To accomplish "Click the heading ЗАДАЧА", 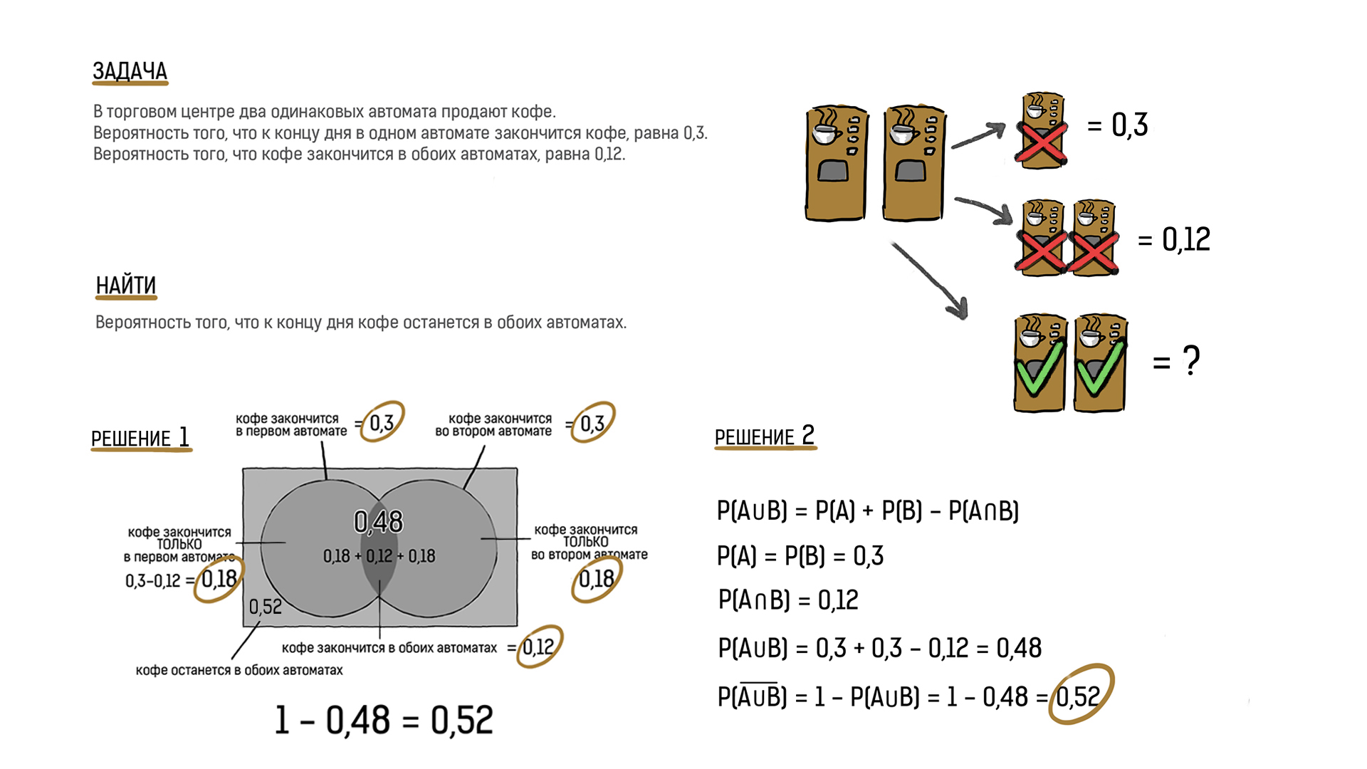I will [x=130, y=71].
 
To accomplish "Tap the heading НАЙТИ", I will [x=126, y=286].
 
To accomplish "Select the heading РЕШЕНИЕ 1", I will [x=140, y=437].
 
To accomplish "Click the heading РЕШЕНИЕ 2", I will [x=765, y=436].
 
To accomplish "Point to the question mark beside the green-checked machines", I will [x=1191, y=360].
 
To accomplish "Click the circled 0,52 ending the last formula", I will [x=1079, y=696].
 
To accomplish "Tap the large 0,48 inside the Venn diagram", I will [x=378, y=522].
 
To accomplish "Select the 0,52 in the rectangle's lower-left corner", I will [x=266, y=607].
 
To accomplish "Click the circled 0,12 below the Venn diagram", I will [x=538, y=647].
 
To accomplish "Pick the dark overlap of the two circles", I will [x=379, y=563].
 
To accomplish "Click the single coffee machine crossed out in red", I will [x=1042, y=131].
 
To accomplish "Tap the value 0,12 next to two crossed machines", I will [x=1186, y=239].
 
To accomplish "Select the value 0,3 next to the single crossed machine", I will [x=1130, y=125].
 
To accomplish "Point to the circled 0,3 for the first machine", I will [x=382, y=423].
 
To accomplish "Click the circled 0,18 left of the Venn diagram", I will [x=219, y=579].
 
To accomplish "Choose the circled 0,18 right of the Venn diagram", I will [x=596, y=579].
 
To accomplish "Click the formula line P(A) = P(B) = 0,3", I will [x=800, y=555].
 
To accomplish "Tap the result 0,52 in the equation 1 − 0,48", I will [x=461, y=720].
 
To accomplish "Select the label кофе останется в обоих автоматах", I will [x=239, y=670].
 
